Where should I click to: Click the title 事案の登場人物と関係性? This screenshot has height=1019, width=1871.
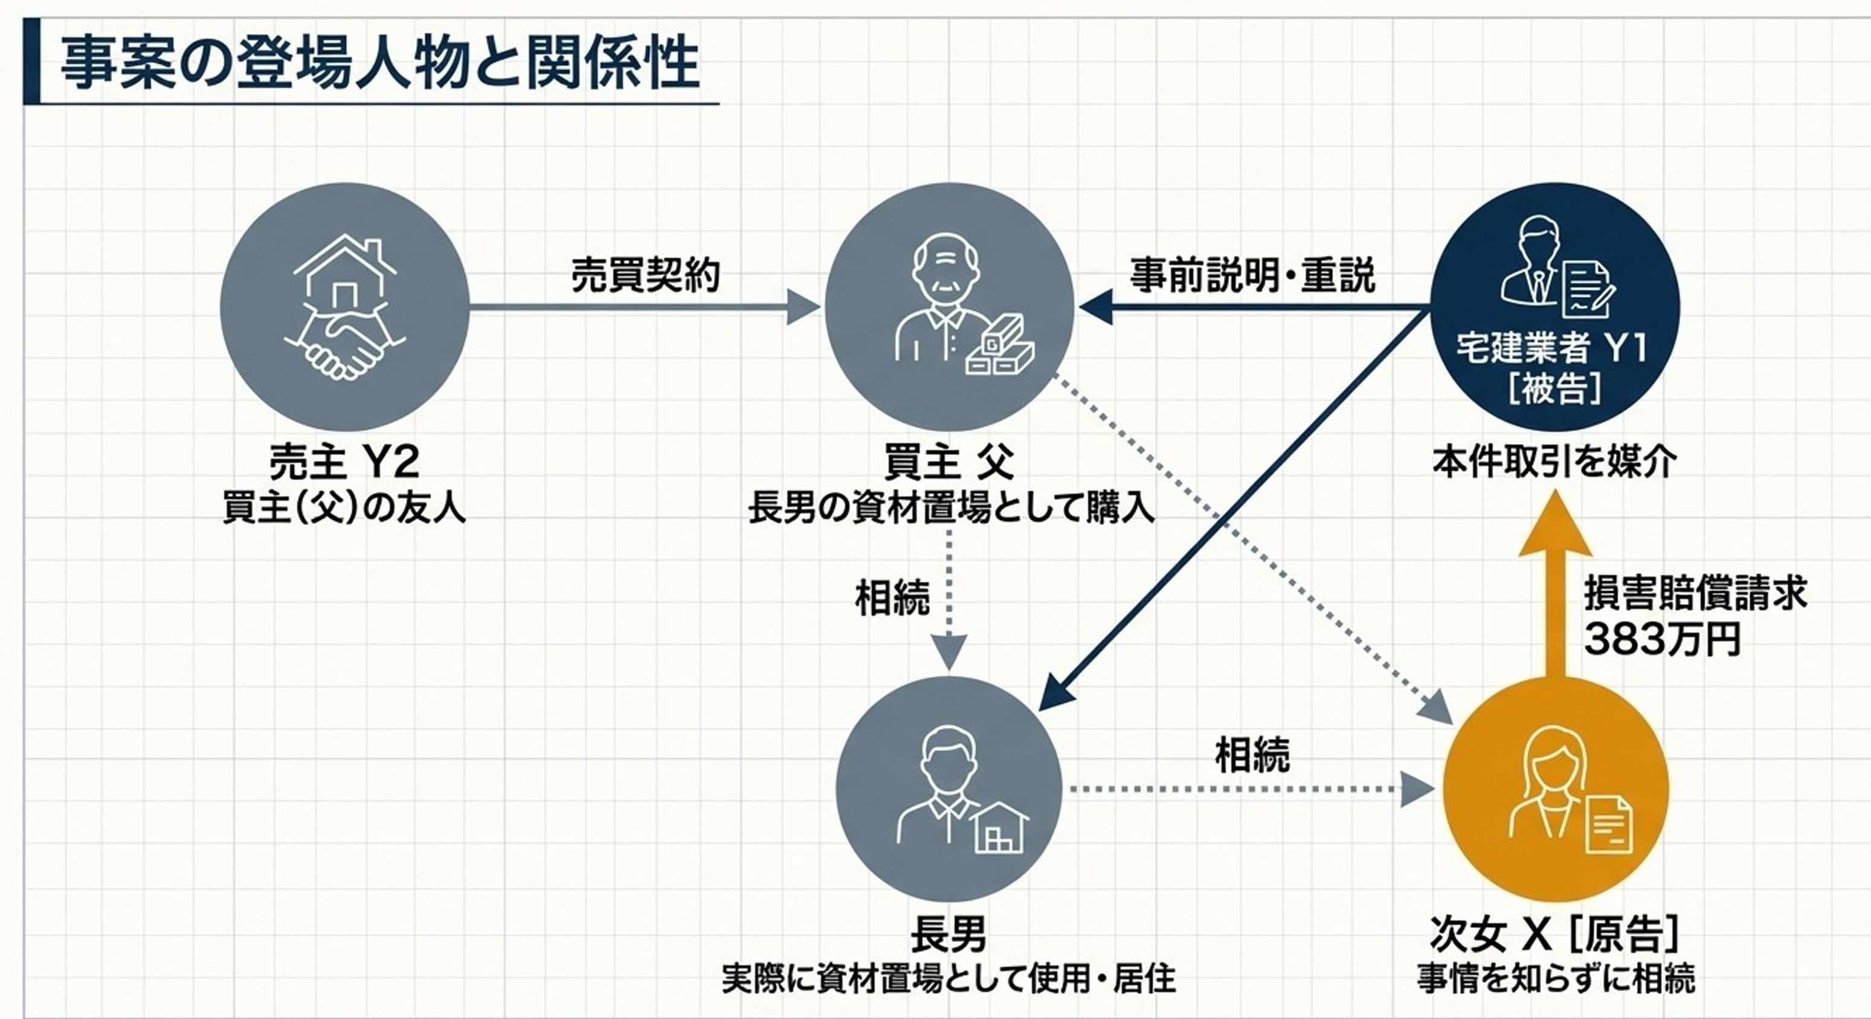coord(379,64)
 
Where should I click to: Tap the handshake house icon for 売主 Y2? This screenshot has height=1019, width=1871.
coord(345,307)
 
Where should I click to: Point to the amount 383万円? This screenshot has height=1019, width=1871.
coord(1663,639)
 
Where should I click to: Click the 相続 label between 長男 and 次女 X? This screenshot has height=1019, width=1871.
coord(1252,756)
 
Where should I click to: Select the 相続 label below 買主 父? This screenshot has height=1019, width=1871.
coord(892,598)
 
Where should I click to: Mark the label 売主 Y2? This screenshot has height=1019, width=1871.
coord(344,463)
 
